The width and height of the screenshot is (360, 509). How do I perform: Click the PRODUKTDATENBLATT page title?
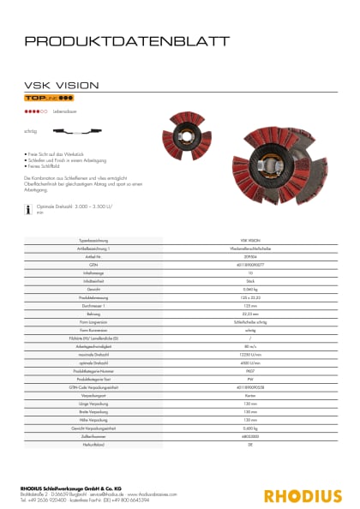127,40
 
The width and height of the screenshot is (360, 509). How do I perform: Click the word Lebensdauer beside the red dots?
65,111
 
